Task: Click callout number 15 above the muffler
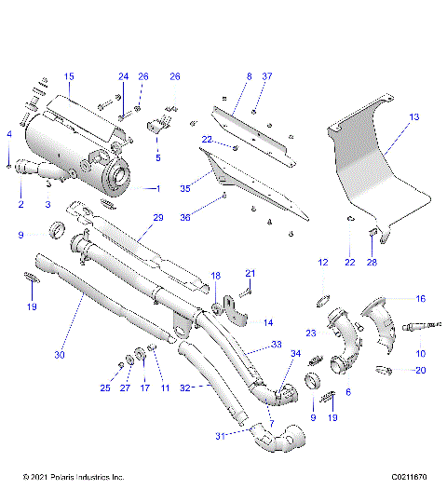[x=69, y=75]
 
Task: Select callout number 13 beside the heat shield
[x=414, y=116]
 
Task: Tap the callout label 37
[x=267, y=75]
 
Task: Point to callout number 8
[x=249, y=75]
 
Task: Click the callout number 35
[x=185, y=187]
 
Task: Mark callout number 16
[x=420, y=299]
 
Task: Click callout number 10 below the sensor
[x=420, y=354]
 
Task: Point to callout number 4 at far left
[x=8, y=135]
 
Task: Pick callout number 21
[x=250, y=272]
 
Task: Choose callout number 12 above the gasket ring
[x=323, y=264]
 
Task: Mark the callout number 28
[x=372, y=264]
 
